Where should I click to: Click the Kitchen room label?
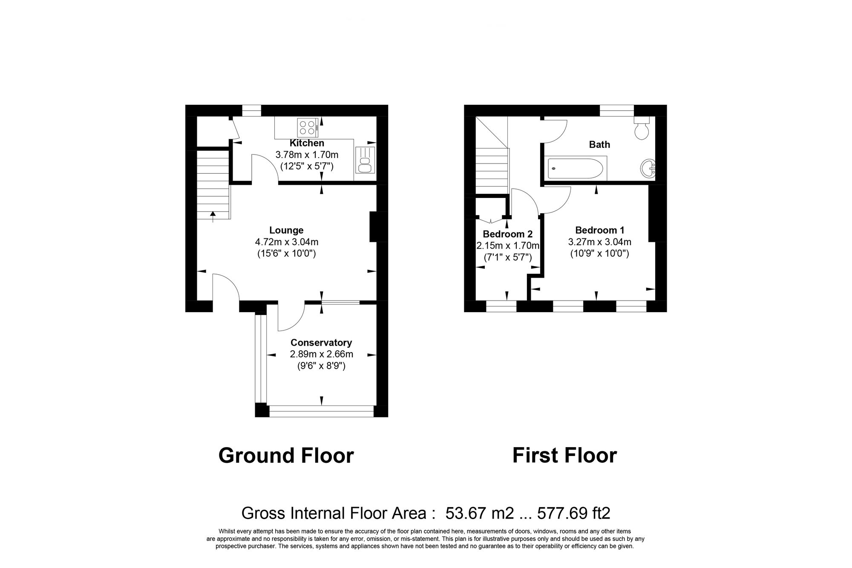pos(307,143)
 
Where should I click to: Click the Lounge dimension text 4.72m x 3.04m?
pos(287,242)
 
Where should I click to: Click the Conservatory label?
pos(321,343)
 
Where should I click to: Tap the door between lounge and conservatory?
pos(291,317)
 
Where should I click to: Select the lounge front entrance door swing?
pos(226,287)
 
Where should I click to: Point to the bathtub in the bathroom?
pos(576,169)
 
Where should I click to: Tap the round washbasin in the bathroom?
pos(648,168)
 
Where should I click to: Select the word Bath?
pos(599,145)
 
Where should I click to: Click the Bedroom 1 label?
pos(599,230)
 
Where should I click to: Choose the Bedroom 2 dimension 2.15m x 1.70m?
pos(507,246)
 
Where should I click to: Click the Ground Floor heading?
pos(286,456)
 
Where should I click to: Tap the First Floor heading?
pos(564,456)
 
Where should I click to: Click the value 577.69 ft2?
pos(573,513)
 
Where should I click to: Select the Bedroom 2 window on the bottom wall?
pos(501,306)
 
